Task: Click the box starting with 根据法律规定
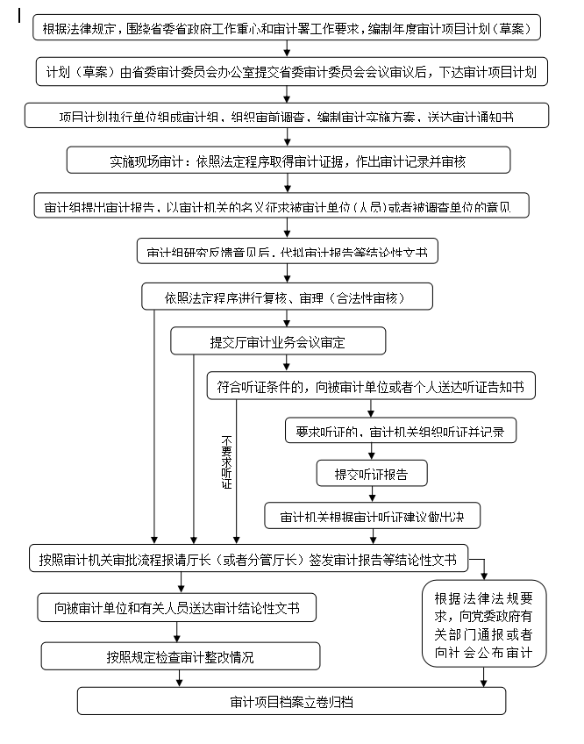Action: pyautogui.click(x=287, y=29)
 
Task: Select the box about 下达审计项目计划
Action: pyautogui.click(x=292, y=72)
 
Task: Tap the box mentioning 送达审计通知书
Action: pyautogui.click(x=287, y=116)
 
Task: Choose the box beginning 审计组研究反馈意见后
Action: pyautogui.click(x=288, y=252)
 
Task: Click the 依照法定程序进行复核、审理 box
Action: pyautogui.click(x=288, y=297)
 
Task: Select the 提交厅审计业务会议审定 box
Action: pyautogui.click(x=278, y=342)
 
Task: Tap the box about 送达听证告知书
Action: pyautogui.click(x=370, y=386)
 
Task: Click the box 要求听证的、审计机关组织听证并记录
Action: pyautogui.click(x=400, y=431)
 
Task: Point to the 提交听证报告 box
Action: pyautogui.click(x=372, y=474)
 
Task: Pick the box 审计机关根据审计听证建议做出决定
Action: pyautogui.click(x=373, y=516)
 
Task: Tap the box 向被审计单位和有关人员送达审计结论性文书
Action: pyautogui.click(x=176, y=607)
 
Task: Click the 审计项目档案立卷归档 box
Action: pyautogui.click(x=292, y=702)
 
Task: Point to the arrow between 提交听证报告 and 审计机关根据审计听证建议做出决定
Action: pyautogui.click(x=373, y=494)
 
